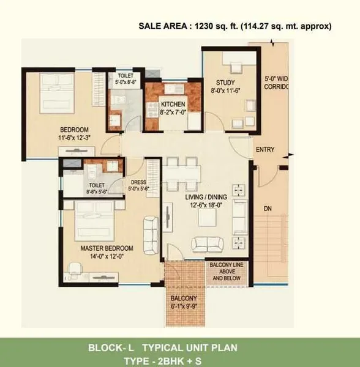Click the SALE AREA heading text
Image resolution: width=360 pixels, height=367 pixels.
point(235,26)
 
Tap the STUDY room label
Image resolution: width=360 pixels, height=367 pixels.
point(225,83)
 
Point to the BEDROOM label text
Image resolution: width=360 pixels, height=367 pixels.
point(74,129)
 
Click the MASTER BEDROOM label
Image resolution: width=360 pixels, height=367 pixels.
point(107,248)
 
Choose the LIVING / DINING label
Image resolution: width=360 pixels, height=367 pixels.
point(206,197)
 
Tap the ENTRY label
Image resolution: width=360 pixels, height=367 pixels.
point(264,149)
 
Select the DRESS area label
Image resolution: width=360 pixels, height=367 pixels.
point(138,182)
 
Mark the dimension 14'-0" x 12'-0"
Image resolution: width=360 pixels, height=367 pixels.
point(107,257)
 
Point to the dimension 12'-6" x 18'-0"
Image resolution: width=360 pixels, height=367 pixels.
point(206,206)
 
